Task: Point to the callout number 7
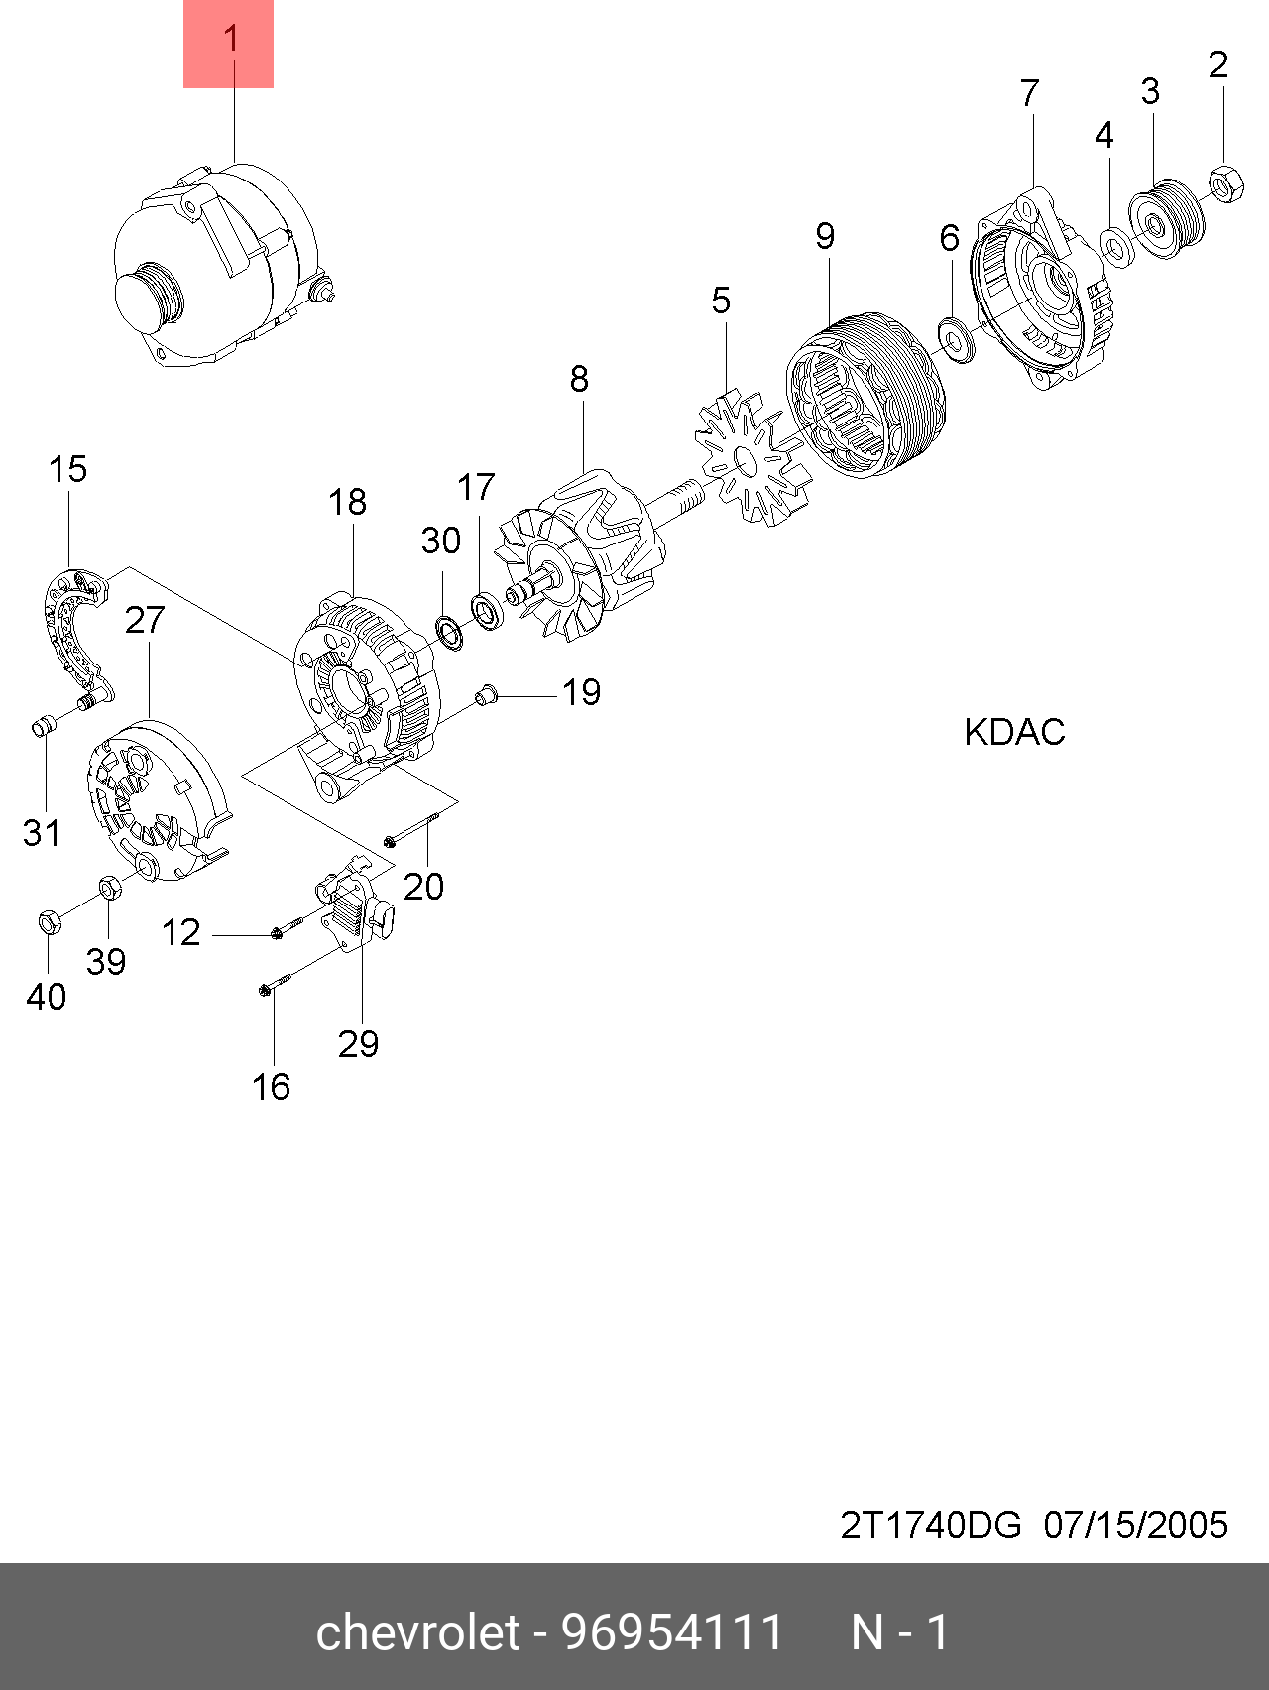click(x=1030, y=93)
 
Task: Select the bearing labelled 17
click(x=488, y=610)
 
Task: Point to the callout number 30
click(x=441, y=542)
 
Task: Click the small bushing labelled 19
click(x=484, y=695)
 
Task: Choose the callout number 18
click(x=348, y=503)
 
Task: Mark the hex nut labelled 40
click(x=49, y=922)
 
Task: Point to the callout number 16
click(x=271, y=1088)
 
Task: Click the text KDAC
click(x=1014, y=733)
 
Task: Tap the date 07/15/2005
click(x=1135, y=1524)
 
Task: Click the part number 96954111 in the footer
click(x=673, y=1631)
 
